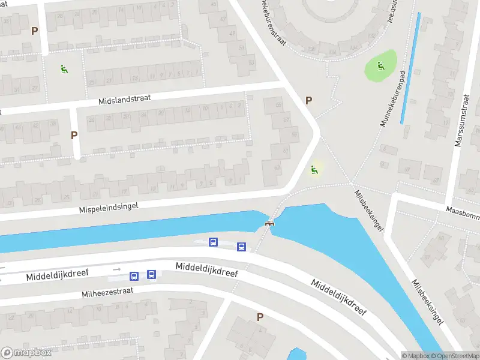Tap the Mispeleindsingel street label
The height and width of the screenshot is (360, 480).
point(109,207)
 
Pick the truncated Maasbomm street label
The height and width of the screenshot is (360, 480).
point(462,211)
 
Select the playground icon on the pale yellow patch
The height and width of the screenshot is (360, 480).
point(314,170)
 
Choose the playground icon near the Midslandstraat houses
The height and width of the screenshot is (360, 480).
point(64,69)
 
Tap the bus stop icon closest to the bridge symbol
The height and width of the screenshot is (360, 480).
point(241,247)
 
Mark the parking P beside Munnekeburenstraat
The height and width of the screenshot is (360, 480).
point(309,101)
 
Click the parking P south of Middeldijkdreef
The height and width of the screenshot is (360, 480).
point(260,317)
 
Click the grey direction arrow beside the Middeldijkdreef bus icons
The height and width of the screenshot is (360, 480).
point(116,270)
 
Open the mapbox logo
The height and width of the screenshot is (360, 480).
point(26,353)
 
